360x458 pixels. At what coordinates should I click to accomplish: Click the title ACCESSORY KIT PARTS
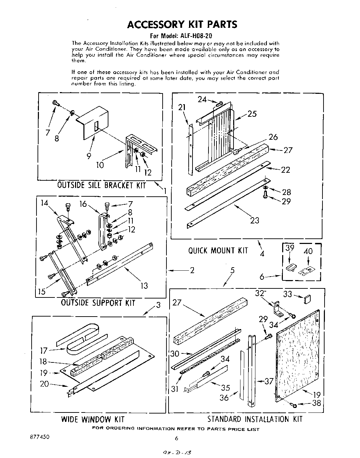pyautogui.click(x=182, y=24)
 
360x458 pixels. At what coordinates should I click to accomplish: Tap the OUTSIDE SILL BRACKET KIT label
pyautogui.click(x=101, y=185)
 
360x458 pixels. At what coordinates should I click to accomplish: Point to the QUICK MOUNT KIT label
pyautogui.click(x=218, y=251)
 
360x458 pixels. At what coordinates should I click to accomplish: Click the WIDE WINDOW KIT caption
pyautogui.click(x=93, y=419)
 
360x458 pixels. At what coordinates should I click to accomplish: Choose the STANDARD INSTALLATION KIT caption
pyautogui.click(x=255, y=419)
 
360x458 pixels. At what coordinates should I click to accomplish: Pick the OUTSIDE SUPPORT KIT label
pyautogui.click(x=98, y=303)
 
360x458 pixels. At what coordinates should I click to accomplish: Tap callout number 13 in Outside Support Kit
pyautogui.click(x=144, y=286)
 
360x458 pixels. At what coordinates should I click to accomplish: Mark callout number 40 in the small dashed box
pyautogui.click(x=308, y=251)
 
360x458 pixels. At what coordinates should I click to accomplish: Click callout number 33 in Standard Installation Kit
pyautogui.click(x=287, y=294)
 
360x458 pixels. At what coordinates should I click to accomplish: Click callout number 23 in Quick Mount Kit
pyautogui.click(x=255, y=220)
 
